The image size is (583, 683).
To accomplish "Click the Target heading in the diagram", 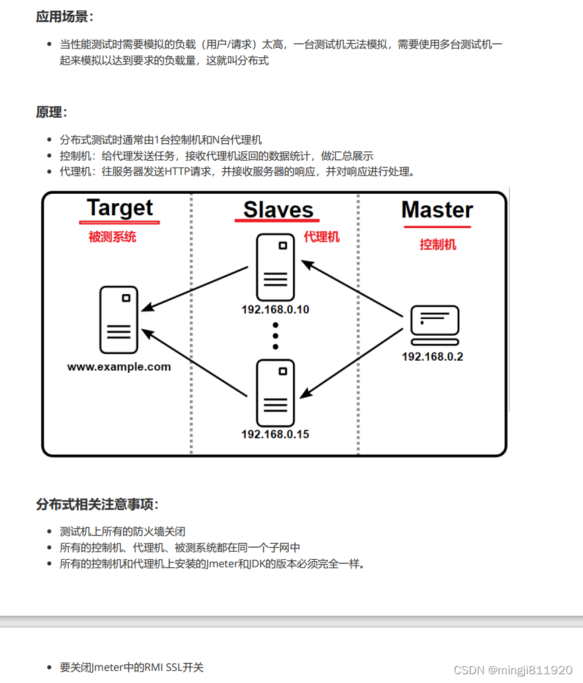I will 120,208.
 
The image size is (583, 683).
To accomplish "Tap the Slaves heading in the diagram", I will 278,209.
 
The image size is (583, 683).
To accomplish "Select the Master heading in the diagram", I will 437,209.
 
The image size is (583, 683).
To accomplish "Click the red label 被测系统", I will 112,237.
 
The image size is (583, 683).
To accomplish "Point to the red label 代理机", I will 322,236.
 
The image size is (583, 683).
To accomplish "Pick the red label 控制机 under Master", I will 438,244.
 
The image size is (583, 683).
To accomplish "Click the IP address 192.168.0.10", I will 275,310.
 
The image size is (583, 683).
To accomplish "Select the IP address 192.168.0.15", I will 275,434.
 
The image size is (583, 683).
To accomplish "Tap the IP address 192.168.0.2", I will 432,357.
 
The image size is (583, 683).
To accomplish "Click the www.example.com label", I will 119,367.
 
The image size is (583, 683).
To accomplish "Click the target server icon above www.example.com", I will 118,320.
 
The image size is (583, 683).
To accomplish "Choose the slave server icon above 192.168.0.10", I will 275,267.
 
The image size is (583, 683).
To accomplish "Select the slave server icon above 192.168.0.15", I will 275,392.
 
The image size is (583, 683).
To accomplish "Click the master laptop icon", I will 435,325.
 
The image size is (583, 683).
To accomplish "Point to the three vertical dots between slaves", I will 275,335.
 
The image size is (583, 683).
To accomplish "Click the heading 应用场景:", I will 65,17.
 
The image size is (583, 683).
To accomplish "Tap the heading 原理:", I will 52,112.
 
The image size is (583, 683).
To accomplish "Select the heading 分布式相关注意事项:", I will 98,504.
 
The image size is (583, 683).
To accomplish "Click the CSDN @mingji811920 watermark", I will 513,670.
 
